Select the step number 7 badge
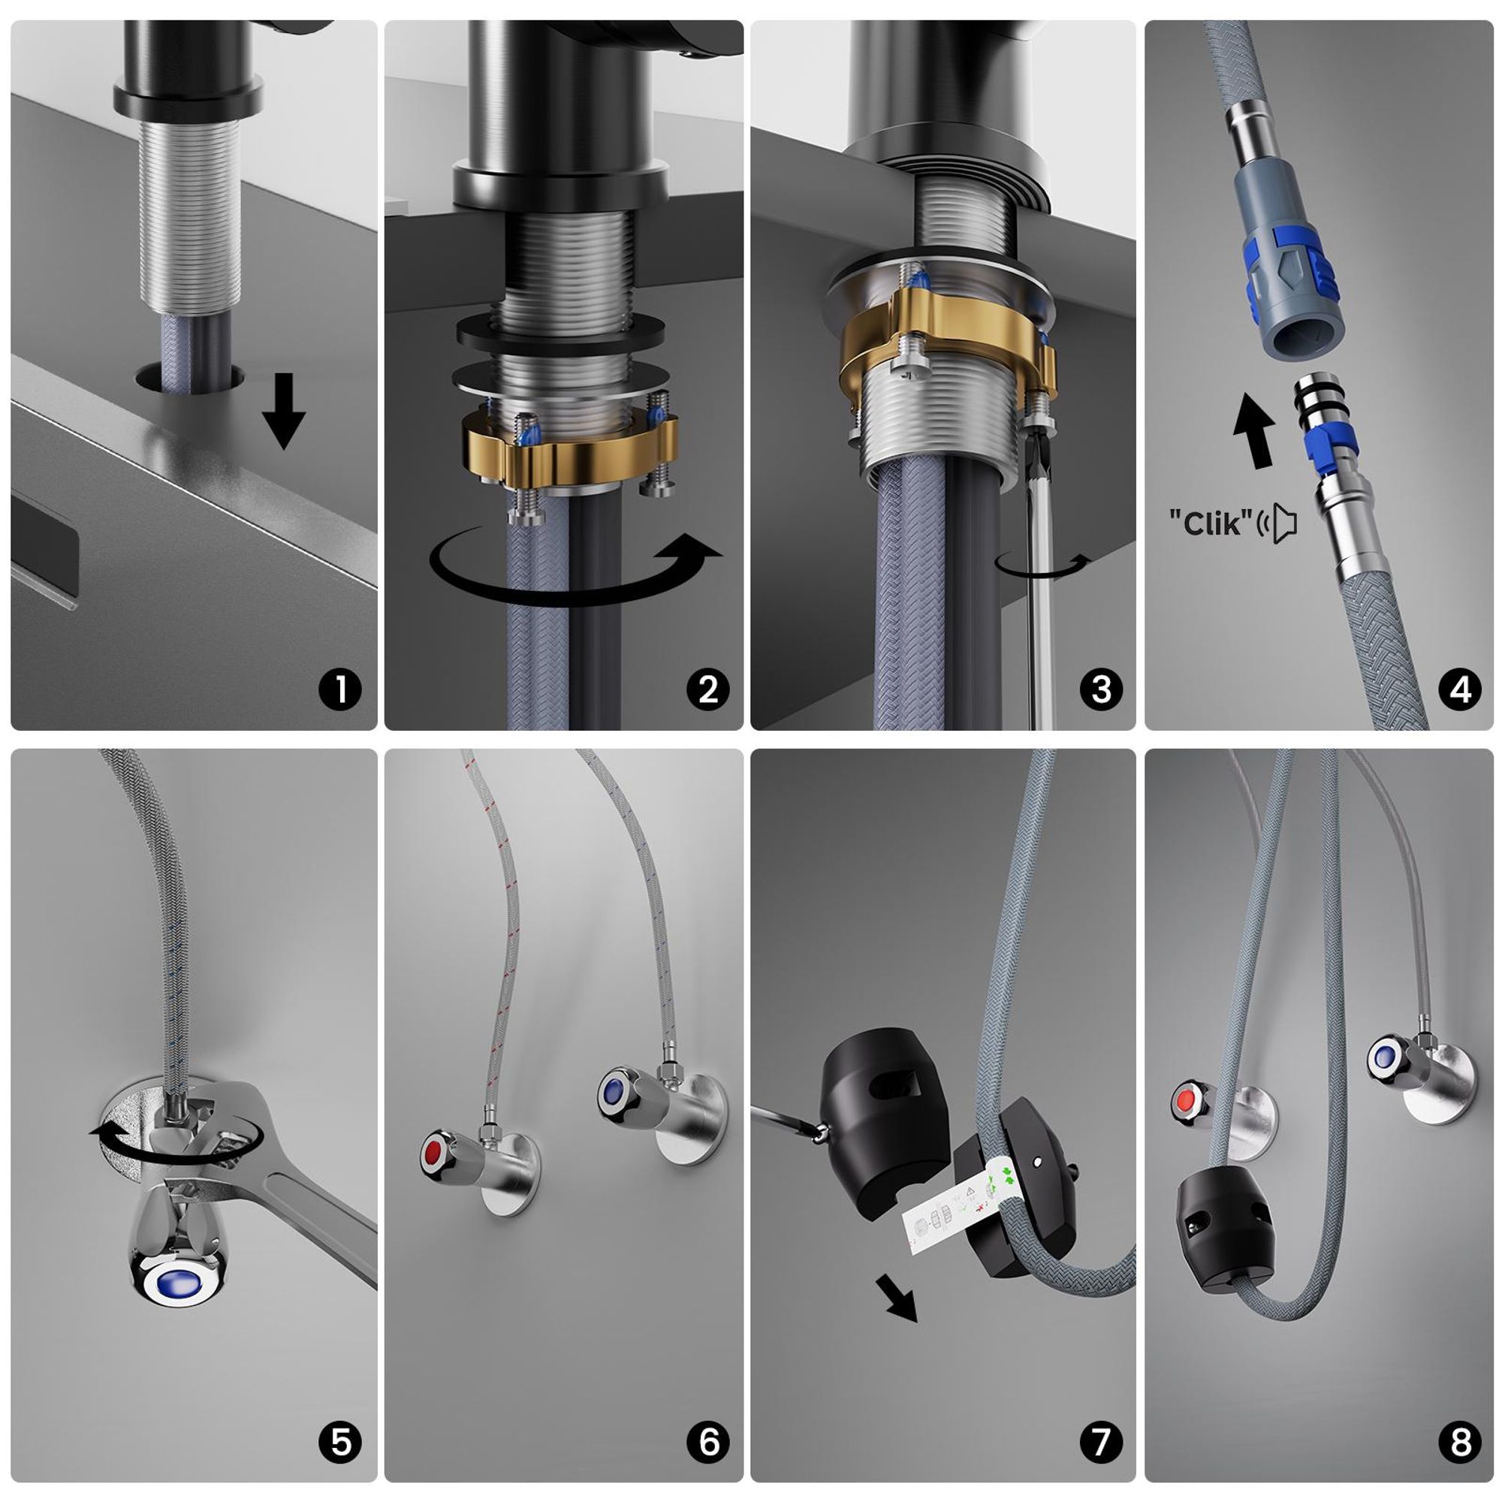pos(1101,1443)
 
